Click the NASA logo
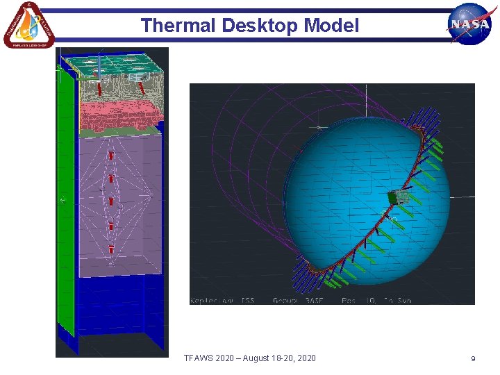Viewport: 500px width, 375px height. (x=469, y=24)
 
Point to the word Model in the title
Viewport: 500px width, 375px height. (x=333, y=26)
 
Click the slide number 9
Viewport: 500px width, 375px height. (x=473, y=358)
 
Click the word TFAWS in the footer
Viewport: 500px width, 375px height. (x=199, y=358)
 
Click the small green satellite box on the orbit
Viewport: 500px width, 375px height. (x=399, y=199)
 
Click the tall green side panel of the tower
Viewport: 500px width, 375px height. (x=65, y=201)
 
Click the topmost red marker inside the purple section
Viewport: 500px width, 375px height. (x=110, y=156)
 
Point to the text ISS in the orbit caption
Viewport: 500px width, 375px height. (x=248, y=300)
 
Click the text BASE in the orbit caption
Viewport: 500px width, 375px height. (x=315, y=300)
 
